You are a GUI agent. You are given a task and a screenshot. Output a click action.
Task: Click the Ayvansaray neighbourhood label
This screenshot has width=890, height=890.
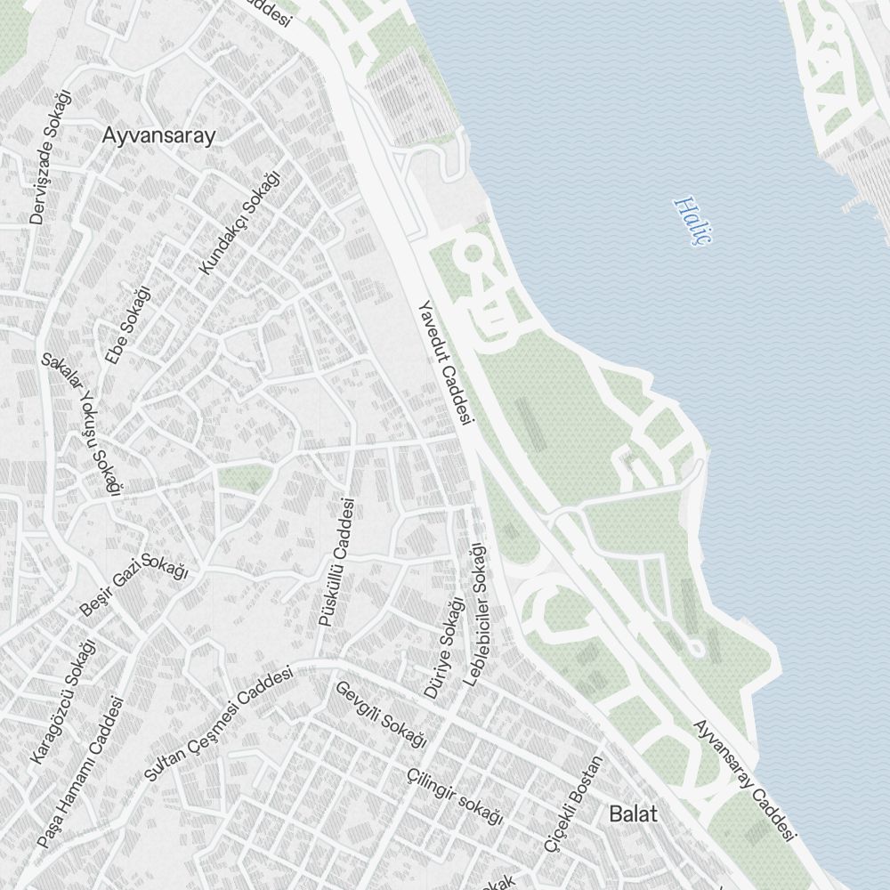tap(159, 136)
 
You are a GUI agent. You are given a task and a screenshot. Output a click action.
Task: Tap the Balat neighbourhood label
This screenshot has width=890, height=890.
tap(633, 813)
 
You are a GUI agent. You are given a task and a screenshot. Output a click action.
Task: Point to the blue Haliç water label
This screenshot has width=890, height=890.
tap(690, 222)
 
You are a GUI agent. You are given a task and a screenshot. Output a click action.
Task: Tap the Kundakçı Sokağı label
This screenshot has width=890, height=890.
tap(239, 222)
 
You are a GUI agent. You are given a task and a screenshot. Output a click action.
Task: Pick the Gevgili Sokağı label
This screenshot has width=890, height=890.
tap(381, 713)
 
